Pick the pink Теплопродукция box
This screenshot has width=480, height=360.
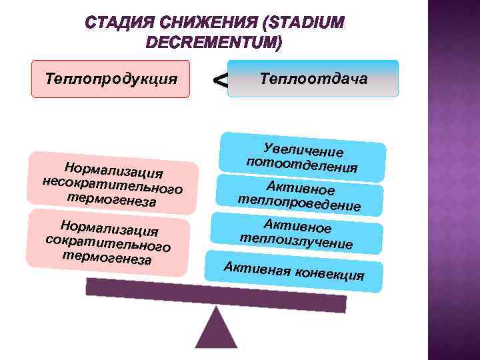coord(111,79)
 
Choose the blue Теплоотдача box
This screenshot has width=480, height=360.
coord(313,79)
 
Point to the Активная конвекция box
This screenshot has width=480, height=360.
coord(294,271)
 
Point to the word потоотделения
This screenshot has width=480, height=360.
coord(302,164)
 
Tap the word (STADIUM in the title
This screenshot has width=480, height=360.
coord(304,24)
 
